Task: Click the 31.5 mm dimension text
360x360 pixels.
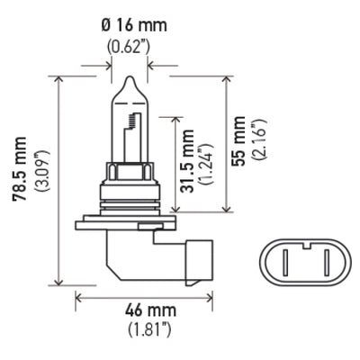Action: [x=184, y=162]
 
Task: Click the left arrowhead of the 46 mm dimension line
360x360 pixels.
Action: [x=78, y=295]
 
